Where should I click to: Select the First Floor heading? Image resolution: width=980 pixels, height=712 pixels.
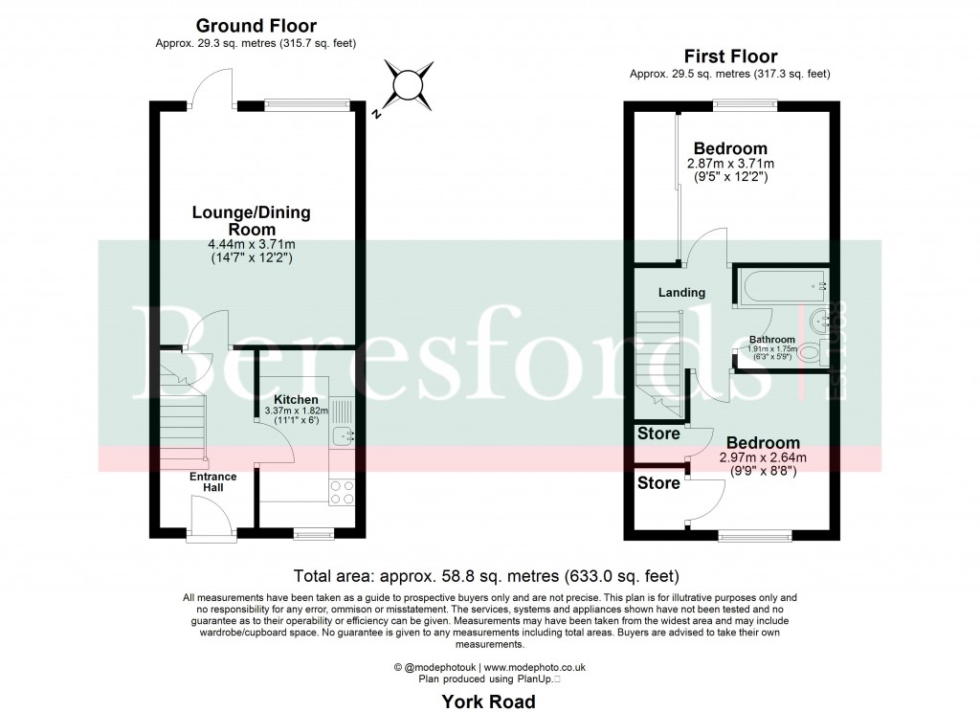tap(729, 56)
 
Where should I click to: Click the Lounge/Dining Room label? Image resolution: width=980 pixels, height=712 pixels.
tap(251, 221)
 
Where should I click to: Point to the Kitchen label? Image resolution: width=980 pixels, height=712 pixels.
tap(296, 399)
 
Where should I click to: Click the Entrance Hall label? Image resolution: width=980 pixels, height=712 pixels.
tap(212, 481)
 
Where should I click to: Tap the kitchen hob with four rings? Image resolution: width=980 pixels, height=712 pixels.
tap(342, 493)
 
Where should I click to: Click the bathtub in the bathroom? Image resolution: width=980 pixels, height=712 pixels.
tap(781, 285)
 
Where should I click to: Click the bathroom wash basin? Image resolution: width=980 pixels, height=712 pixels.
tap(819, 319)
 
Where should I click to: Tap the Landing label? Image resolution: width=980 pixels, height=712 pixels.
tap(681, 292)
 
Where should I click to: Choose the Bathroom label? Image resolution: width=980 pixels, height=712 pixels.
tap(771, 340)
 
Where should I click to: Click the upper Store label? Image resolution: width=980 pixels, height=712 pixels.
tap(659, 434)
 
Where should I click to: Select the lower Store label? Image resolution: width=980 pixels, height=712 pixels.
tap(659, 482)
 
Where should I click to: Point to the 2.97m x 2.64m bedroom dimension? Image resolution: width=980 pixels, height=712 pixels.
tap(763, 458)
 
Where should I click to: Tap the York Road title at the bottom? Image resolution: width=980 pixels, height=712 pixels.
tap(489, 701)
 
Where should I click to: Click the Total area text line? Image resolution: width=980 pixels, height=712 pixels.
tap(487, 576)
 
